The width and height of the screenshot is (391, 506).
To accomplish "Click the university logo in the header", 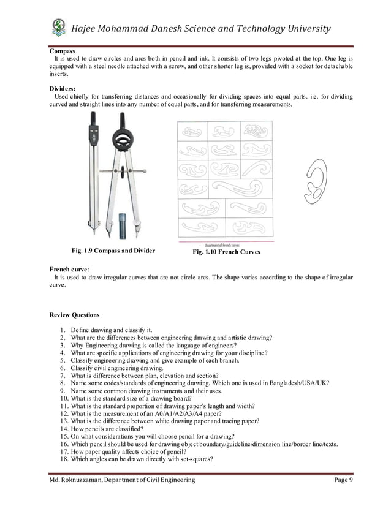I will tap(59, 27).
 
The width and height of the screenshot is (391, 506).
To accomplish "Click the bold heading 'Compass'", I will tap(62, 51).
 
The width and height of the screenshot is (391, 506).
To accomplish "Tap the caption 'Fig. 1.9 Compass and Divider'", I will tap(113, 251).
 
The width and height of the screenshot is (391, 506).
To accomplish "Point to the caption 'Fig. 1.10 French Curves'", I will tap(226, 252).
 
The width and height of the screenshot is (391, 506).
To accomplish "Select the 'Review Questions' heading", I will tap(74, 315).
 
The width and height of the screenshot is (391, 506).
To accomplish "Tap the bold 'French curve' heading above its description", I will tap(69, 269).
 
